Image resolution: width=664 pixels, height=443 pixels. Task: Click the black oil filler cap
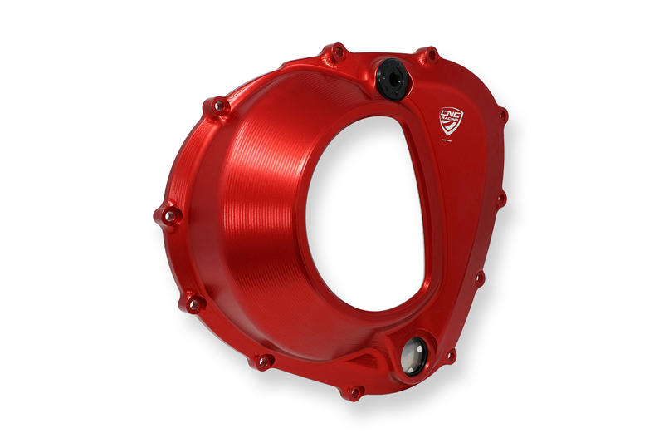point(389,76)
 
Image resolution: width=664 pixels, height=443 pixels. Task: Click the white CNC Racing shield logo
point(452,121)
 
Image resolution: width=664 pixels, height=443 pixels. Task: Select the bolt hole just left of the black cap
point(337,53)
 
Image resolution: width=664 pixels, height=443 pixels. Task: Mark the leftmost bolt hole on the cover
point(168,217)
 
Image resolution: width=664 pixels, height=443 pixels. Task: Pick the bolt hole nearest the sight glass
point(449,357)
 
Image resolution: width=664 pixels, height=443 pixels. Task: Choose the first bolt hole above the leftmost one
point(219,106)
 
